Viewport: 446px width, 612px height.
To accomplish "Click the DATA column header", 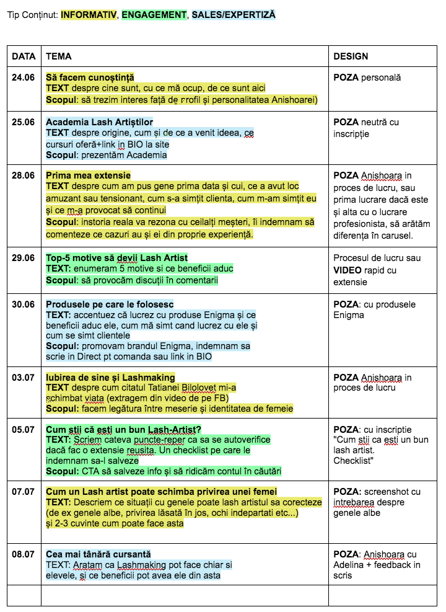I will [24, 56].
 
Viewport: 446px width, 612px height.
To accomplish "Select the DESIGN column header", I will [351, 56].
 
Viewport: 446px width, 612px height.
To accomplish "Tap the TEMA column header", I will [58, 56].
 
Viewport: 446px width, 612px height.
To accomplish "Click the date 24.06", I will [24, 78].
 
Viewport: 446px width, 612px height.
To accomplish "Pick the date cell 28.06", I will [24, 175].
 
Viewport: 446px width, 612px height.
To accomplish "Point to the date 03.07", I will [24, 378].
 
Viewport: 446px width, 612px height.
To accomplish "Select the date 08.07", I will [24, 554].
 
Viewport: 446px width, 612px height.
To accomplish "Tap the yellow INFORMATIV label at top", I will [89, 14].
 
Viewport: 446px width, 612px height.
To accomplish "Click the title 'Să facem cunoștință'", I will [90, 78].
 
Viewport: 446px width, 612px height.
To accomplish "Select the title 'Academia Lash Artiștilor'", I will [99, 122].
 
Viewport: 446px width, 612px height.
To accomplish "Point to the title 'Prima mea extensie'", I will [88, 175].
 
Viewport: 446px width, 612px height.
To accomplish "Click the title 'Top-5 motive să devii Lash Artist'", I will [116, 257].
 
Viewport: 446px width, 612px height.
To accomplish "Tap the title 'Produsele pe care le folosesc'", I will [110, 304].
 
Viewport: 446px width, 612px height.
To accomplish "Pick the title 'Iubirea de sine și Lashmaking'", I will [110, 378].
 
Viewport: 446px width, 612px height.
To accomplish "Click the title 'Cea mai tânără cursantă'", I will [98, 554].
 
